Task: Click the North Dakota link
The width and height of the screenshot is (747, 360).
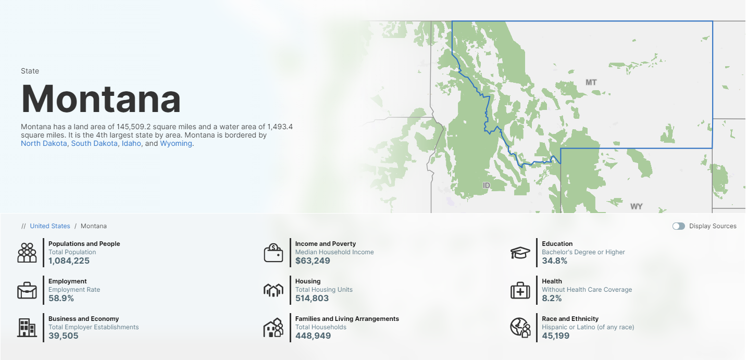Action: pos(44,143)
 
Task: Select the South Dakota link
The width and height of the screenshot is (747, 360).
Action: pos(94,143)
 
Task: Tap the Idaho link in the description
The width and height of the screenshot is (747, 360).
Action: pos(131,143)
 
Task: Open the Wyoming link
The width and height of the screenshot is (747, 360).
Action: pos(176,143)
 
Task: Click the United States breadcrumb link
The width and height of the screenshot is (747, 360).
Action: pos(50,226)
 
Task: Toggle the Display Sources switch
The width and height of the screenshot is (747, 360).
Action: pos(678,226)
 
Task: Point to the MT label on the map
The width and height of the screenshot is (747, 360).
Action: pos(591,82)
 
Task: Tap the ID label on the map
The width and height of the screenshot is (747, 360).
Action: pos(487,185)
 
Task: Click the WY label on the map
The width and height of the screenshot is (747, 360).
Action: pos(636,206)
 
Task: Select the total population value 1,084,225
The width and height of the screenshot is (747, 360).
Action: pos(69,260)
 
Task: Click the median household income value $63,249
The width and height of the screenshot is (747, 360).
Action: pos(313,260)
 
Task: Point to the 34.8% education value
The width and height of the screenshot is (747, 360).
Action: pos(554,260)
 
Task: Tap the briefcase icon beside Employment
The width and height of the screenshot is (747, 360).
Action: pos(27,290)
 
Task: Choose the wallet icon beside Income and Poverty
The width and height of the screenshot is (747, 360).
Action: pos(273,253)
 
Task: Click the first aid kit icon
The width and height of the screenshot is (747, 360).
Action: pos(520,290)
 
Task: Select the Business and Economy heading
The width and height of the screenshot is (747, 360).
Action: pos(83,319)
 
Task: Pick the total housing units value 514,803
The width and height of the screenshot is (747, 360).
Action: pos(312,298)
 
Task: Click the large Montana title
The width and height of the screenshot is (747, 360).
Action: pos(101,98)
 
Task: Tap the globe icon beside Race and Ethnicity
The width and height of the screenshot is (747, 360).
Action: pos(520,328)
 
